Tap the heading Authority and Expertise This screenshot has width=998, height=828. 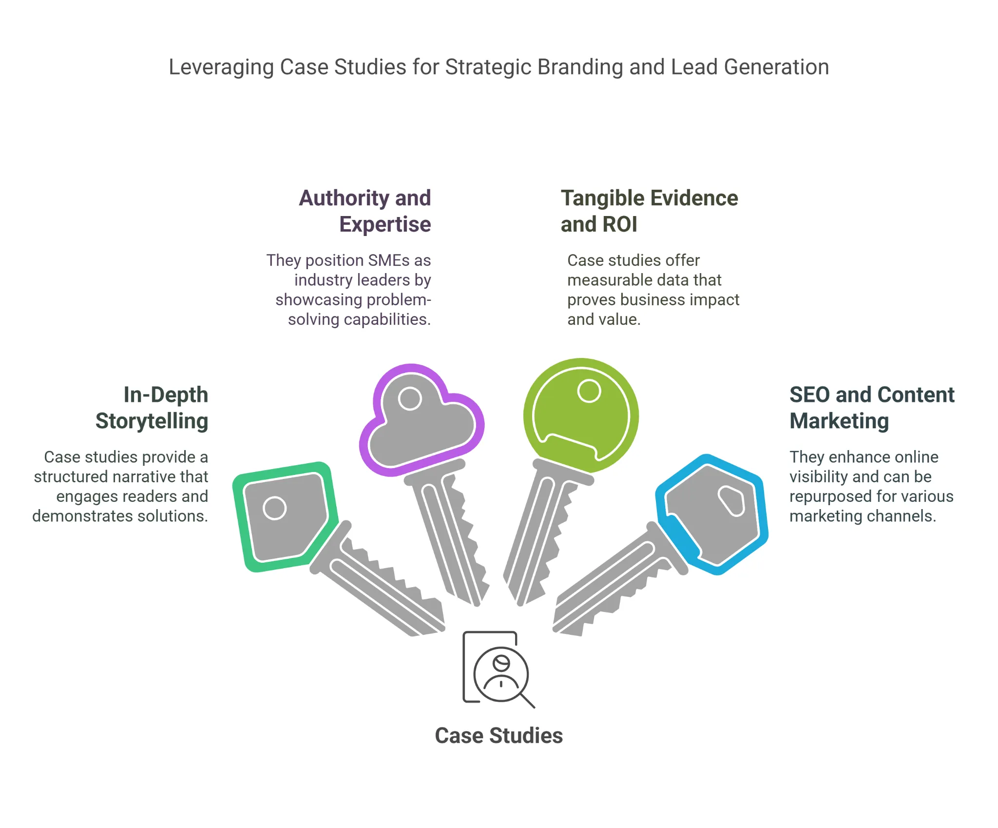pos(365,211)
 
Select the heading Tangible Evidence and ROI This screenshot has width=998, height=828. pos(649,211)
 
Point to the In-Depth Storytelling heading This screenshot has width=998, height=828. pos(152,408)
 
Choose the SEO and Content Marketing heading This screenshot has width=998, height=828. pos(871,408)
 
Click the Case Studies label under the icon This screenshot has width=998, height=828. pos(499,735)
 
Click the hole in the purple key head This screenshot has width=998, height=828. pos(410,398)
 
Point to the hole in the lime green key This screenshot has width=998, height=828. pos(589,391)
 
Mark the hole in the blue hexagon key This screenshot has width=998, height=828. pos(731,500)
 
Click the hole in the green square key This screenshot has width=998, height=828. pos(274,508)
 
